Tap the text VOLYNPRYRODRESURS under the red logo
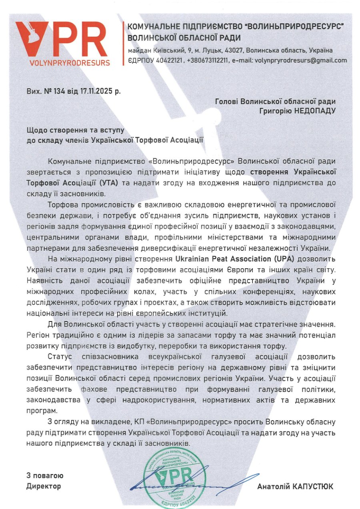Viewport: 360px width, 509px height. click(x=69, y=63)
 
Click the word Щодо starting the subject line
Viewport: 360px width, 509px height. click(x=35, y=131)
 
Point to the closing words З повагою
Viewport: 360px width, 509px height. click(x=45, y=476)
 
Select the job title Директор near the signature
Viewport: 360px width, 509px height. click(x=44, y=486)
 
